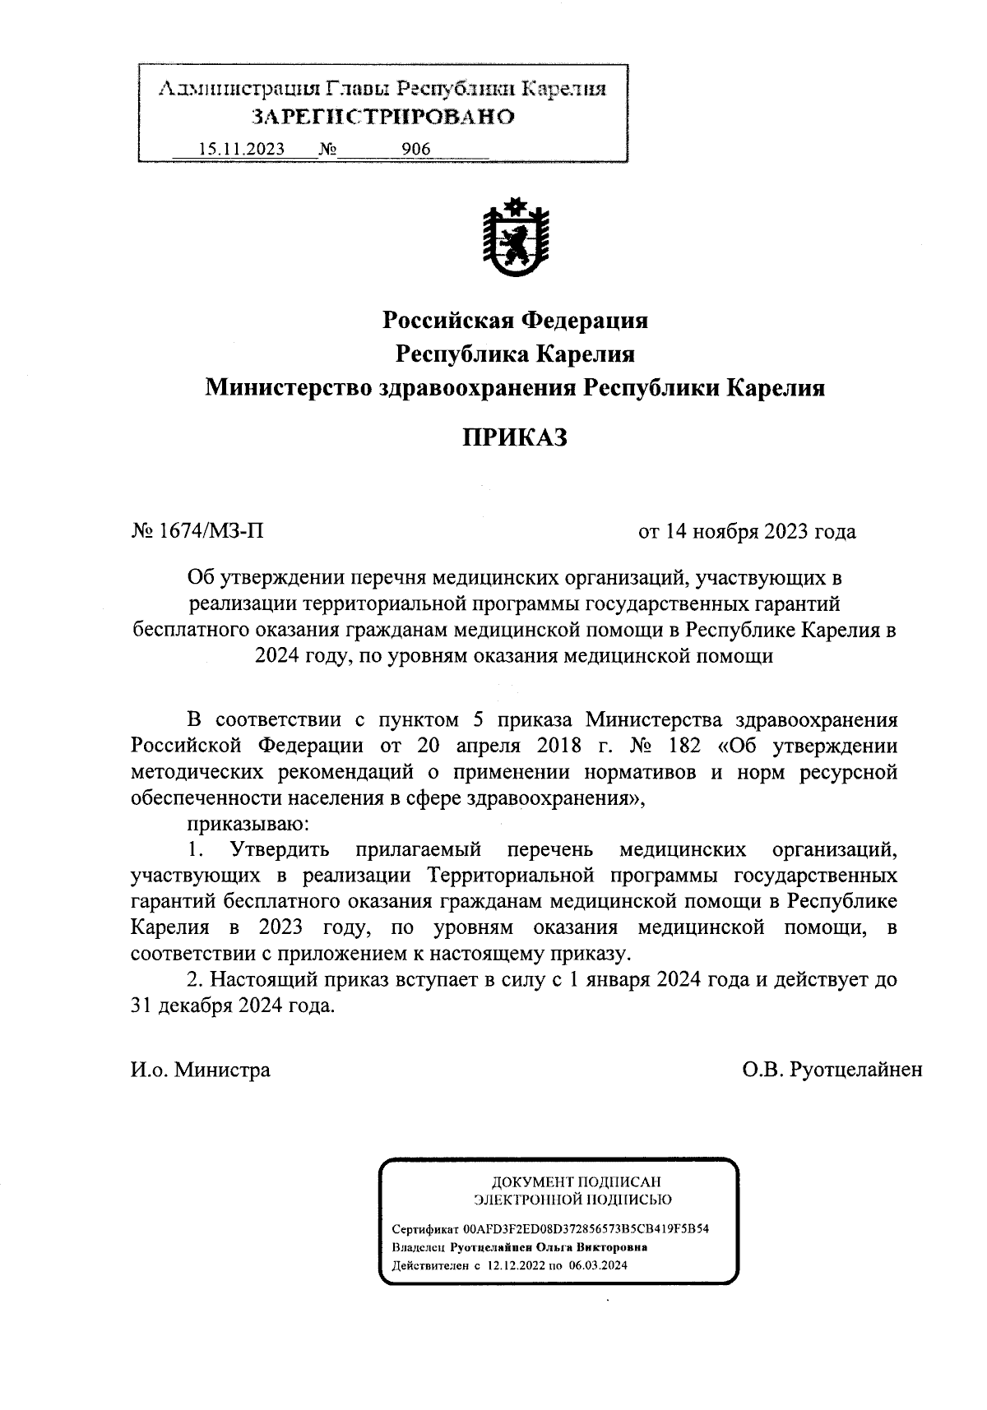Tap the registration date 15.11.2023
pos(242,149)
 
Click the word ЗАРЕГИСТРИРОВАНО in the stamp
pos(382,117)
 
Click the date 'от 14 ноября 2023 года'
pos(747,531)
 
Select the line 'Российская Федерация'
pos(515,320)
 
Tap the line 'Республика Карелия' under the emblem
pos(515,354)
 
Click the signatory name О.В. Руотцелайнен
pos(832,1070)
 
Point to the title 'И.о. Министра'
pos(200,1070)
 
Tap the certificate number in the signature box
pos(586,1229)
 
